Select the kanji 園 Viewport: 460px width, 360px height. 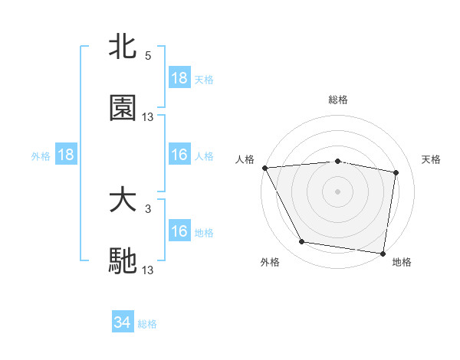pos(123,108)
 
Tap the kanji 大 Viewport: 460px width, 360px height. pos(123,201)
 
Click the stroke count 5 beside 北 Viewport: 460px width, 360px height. pos(148,56)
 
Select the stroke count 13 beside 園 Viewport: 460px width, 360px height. pos(148,116)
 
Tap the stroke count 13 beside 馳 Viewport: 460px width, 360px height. pos(148,270)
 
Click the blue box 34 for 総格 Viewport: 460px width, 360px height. pos(123,322)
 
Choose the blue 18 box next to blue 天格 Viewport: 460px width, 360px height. pos(179,78)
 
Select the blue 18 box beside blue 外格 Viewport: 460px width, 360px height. pos(66,155)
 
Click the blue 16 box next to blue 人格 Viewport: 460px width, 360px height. pos(179,155)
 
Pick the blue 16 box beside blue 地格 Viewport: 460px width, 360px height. pos(179,231)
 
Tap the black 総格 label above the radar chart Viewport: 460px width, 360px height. pos(338,100)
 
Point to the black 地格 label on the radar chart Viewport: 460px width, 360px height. pos(402,263)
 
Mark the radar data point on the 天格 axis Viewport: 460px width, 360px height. pos(396,173)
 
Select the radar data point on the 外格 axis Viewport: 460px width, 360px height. pos(302,242)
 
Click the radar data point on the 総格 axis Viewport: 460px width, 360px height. pos(338,161)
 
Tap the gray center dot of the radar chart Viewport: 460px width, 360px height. pos(338,191)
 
